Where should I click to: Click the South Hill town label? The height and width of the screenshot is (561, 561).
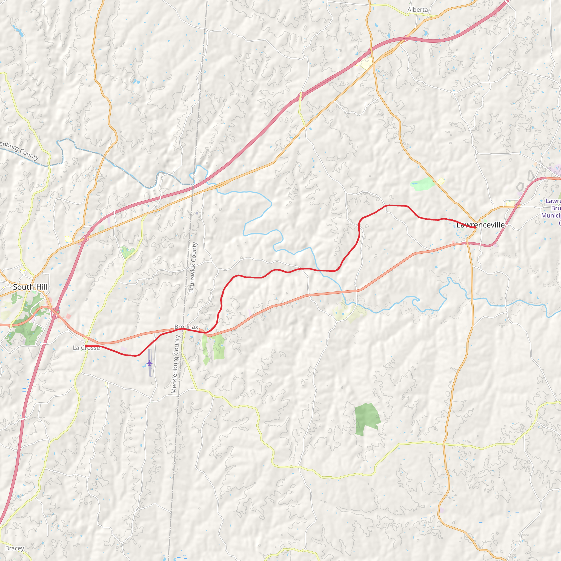pos(30,287)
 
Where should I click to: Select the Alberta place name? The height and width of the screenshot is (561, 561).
pos(417,10)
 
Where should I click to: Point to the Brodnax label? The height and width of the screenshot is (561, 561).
pos(186,327)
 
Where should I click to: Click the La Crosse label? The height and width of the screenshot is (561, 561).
pos(86,348)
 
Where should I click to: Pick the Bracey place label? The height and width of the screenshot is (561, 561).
pos(15,548)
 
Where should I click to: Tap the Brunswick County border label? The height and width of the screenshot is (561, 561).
pos(193,267)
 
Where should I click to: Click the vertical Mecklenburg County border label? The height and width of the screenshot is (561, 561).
pos(175,364)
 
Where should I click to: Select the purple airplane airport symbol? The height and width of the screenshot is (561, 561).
pos(149,363)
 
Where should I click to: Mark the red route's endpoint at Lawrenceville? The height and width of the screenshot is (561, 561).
pos(474,228)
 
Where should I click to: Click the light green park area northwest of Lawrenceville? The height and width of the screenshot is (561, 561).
pos(422,184)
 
